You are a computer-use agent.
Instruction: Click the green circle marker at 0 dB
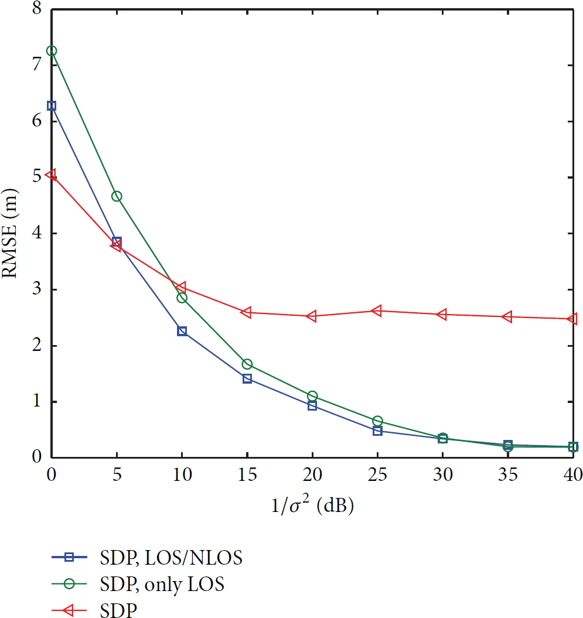pyautogui.click(x=51, y=51)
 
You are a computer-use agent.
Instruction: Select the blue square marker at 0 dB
pyautogui.click(x=51, y=105)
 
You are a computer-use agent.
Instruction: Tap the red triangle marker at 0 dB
pyautogui.click(x=51, y=174)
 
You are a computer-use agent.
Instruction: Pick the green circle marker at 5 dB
pyautogui.click(x=117, y=196)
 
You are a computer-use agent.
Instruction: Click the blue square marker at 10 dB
pyautogui.click(x=182, y=331)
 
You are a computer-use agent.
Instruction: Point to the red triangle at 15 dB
pyautogui.click(x=246, y=313)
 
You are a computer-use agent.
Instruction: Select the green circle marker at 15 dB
pyautogui.click(x=247, y=364)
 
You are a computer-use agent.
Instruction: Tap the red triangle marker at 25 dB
pyautogui.click(x=377, y=310)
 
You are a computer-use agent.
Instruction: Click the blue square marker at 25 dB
pyautogui.click(x=377, y=431)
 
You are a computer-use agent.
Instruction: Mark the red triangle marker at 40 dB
pyautogui.click(x=572, y=319)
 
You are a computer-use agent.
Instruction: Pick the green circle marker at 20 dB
pyautogui.click(x=312, y=396)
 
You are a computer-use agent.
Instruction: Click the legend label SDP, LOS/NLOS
pyautogui.click(x=171, y=558)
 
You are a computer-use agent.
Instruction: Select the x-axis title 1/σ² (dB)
pyautogui.click(x=312, y=504)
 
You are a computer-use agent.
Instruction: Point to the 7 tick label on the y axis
pyautogui.click(x=37, y=64)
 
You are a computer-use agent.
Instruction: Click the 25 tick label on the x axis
pyautogui.click(x=377, y=474)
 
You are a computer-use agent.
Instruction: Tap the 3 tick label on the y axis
pyautogui.click(x=37, y=289)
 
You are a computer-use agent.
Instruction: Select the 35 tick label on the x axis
pyautogui.click(x=508, y=474)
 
